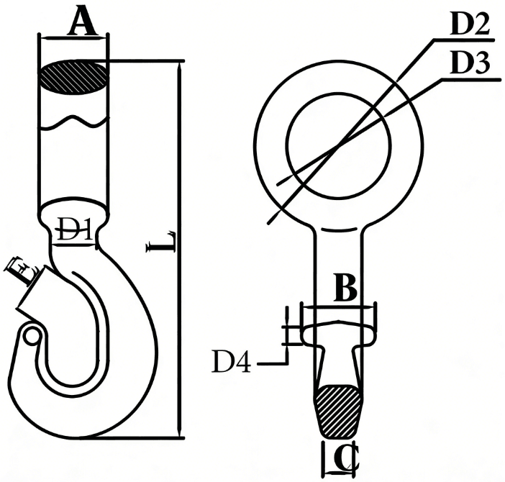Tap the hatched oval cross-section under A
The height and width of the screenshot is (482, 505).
pyautogui.click(x=73, y=76)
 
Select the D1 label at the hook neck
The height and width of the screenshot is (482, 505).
pyautogui.click(x=73, y=232)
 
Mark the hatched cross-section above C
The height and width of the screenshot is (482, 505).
pyautogui.click(x=340, y=410)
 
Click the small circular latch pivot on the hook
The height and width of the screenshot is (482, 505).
pyautogui.click(x=31, y=335)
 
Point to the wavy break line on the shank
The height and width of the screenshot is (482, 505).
pyautogui.click(x=73, y=123)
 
